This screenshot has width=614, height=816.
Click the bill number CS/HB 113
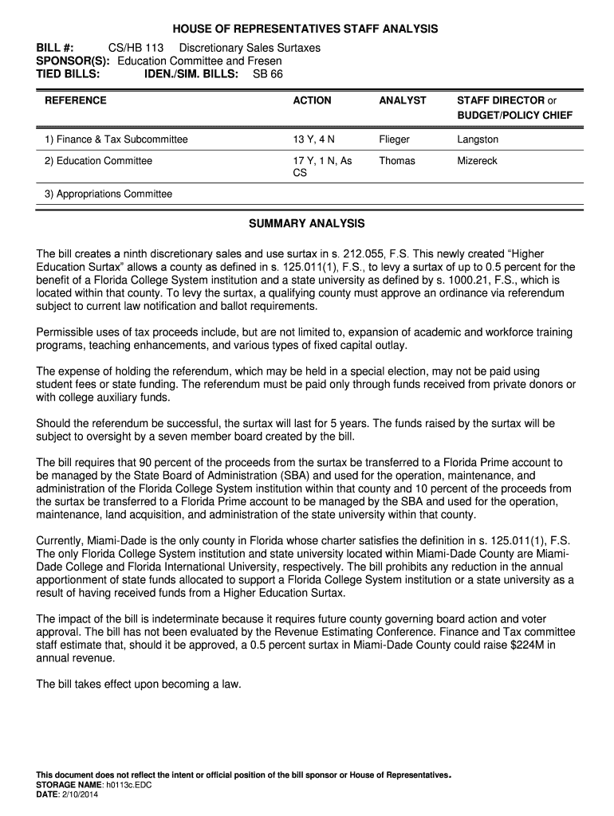pos(136,48)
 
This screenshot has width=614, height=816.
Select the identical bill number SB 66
pos(267,73)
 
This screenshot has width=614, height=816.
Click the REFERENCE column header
pos(76,100)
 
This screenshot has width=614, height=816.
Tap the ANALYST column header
pos(403,100)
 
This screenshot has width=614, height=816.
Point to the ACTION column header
pos(312,100)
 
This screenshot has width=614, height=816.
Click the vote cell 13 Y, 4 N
pos(314,139)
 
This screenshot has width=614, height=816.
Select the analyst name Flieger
pos(394,139)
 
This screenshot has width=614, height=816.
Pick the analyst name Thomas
pos(397,161)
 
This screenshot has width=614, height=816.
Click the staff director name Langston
pos(478,139)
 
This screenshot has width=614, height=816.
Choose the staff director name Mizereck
pos(477,161)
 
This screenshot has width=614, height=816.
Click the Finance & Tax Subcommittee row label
pos(116,139)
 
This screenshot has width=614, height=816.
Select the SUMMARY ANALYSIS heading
pos(307,223)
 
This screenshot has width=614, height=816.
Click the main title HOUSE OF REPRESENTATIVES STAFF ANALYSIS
pos(307,29)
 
